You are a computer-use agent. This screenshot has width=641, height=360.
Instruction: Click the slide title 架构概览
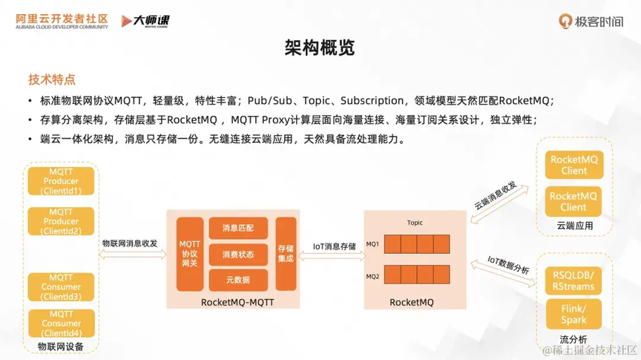coord(320,48)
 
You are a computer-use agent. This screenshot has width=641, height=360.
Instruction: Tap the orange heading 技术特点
coord(52,79)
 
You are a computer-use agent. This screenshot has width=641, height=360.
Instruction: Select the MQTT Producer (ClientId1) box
coord(61,181)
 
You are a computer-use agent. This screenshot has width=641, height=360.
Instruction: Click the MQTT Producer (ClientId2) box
coord(61,221)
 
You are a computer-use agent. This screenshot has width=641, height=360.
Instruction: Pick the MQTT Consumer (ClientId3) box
coord(61,287)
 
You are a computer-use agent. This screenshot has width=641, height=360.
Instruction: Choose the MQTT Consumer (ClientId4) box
coord(62,323)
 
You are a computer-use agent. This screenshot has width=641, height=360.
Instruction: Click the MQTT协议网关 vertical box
coord(190,254)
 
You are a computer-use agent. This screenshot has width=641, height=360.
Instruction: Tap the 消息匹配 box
coord(238,228)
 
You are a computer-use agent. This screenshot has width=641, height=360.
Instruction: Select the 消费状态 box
coord(238,255)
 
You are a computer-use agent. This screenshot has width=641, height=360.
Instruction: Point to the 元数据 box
coord(238,280)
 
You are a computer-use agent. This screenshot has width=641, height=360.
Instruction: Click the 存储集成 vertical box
coord(286,254)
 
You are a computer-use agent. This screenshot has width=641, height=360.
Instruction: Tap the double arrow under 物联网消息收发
coord(133,255)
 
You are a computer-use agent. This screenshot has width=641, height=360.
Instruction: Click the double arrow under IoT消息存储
coord(332,256)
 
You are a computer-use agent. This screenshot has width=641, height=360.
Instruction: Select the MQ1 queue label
coord(372,243)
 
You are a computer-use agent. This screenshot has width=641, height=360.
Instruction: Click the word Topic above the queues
coord(415,223)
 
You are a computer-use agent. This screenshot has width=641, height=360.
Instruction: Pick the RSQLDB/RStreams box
coord(573,281)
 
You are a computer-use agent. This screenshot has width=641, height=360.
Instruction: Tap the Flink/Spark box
coord(573,314)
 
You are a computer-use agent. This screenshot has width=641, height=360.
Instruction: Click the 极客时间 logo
coord(591,22)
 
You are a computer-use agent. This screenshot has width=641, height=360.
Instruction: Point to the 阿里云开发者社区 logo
coord(62,22)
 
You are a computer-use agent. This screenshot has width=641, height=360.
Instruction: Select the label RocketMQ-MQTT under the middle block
coord(237,302)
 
